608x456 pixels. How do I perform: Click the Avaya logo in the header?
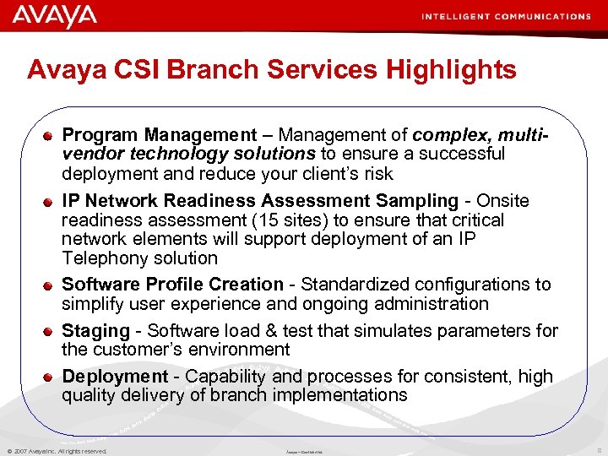coord(55,16)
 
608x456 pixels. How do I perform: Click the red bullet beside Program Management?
coord(52,135)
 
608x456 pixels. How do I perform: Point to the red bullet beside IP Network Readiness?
coord(52,202)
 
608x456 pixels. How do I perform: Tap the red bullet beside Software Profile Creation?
coord(52,285)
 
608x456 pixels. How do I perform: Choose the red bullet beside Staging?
coord(52,331)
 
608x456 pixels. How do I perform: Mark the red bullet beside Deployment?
coord(52,377)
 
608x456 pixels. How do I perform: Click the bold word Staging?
coord(95,330)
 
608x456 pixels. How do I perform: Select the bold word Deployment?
coord(115,377)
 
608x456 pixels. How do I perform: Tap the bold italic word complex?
coord(443,135)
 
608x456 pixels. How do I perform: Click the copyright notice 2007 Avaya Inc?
coord(57,451)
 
